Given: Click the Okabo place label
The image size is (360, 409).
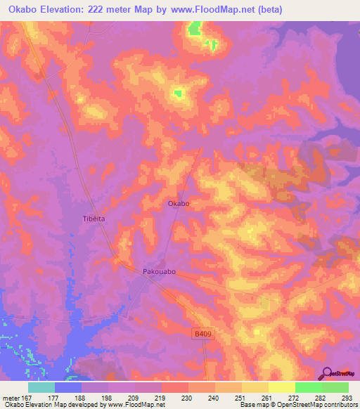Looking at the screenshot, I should click(x=179, y=204).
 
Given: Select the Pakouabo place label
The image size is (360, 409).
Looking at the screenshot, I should click(x=158, y=270).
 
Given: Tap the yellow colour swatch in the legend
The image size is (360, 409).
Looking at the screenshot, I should click(x=281, y=387).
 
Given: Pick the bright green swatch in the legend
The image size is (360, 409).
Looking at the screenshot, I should click(x=308, y=387).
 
